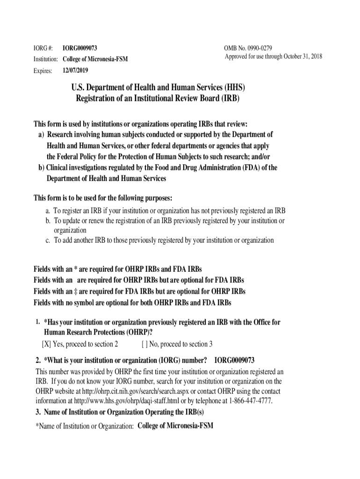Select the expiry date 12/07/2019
[x=75, y=71]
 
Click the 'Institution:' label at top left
[x=45, y=59]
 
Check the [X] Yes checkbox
[x=46, y=344]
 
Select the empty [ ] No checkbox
[x=144, y=344]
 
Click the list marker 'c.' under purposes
[x=48, y=240]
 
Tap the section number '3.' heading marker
[x=38, y=412]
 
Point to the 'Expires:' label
[x=43, y=71]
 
